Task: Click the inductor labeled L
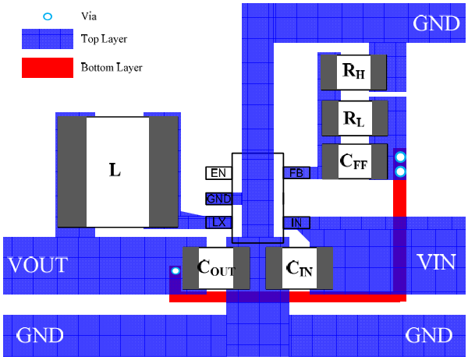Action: point(117,170)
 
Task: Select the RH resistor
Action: point(354,72)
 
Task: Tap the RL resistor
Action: point(354,119)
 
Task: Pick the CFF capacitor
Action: point(354,161)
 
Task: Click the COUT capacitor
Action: point(215,267)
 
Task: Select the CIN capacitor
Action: point(300,269)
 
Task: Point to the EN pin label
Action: point(218,173)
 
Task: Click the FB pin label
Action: point(296,173)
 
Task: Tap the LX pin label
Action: point(218,223)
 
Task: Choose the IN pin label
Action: point(296,223)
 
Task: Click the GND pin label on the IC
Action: point(218,198)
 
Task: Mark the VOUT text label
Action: point(37,265)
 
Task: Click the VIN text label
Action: point(435,262)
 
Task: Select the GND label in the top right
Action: point(437,23)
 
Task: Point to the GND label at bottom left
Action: point(40,336)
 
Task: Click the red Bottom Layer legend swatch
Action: point(48,68)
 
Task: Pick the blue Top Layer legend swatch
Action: point(48,38)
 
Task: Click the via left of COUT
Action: point(175,271)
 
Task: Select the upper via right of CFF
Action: point(400,158)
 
